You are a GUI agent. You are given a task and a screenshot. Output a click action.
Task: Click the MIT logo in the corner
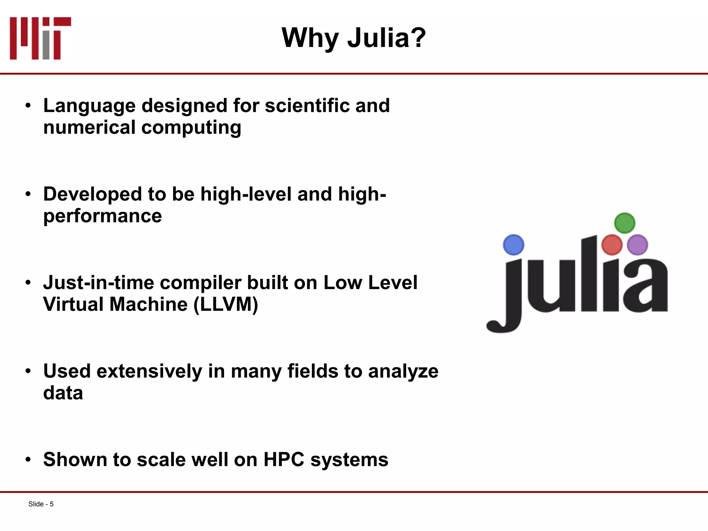point(40,38)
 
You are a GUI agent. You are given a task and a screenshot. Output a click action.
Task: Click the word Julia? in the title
point(386,38)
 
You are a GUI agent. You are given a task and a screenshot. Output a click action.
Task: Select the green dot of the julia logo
point(624,223)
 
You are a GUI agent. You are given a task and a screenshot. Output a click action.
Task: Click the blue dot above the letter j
point(513,245)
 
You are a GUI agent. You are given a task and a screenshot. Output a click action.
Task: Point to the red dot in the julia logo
point(612,245)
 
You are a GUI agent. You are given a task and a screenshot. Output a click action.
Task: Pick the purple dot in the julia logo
point(637,245)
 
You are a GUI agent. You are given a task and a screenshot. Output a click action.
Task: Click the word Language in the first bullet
point(89,106)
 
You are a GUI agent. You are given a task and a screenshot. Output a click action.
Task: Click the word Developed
point(92,194)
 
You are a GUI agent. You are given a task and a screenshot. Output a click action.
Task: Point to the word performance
point(102,217)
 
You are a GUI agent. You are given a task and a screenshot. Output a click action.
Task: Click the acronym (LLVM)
point(226,305)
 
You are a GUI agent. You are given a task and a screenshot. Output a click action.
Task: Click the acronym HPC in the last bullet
point(283,459)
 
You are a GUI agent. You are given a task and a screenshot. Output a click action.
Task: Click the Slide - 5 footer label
point(41,504)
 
